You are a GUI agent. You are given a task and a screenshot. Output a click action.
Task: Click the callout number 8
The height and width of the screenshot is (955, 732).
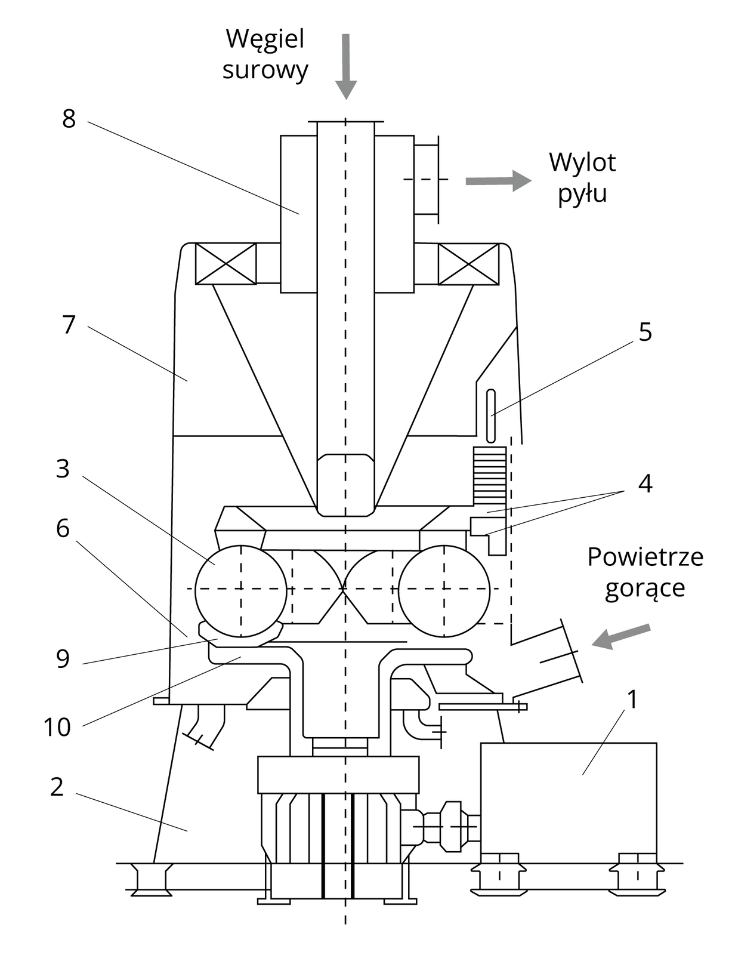point(69,119)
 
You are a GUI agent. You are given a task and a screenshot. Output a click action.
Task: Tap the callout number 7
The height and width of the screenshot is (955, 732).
point(69,325)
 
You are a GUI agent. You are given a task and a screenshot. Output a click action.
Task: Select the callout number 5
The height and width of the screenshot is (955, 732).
point(645,332)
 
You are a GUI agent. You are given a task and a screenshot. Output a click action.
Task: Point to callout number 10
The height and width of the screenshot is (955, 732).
point(57,727)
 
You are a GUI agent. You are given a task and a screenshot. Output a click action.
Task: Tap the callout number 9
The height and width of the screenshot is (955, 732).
point(63,659)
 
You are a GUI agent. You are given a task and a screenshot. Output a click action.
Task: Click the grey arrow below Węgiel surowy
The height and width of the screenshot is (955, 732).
point(346,66)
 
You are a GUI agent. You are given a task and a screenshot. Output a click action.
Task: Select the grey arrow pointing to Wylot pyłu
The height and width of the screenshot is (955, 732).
point(498,181)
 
